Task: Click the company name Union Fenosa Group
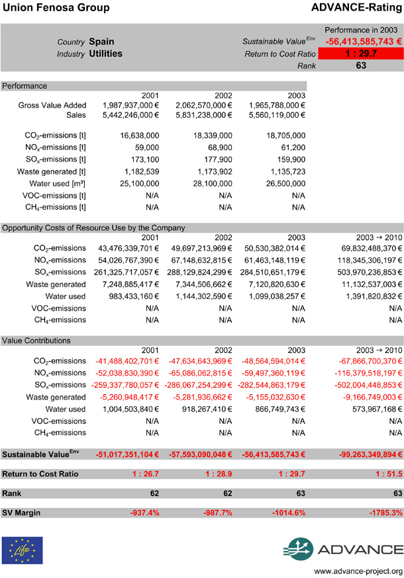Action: [x=50, y=8]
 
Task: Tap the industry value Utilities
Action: [x=106, y=54]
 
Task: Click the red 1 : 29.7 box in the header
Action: [x=360, y=54]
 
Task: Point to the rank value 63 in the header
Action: [x=360, y=65]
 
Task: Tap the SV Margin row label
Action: [x=21, y=513]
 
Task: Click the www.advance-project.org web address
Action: [x=358, y=571]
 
